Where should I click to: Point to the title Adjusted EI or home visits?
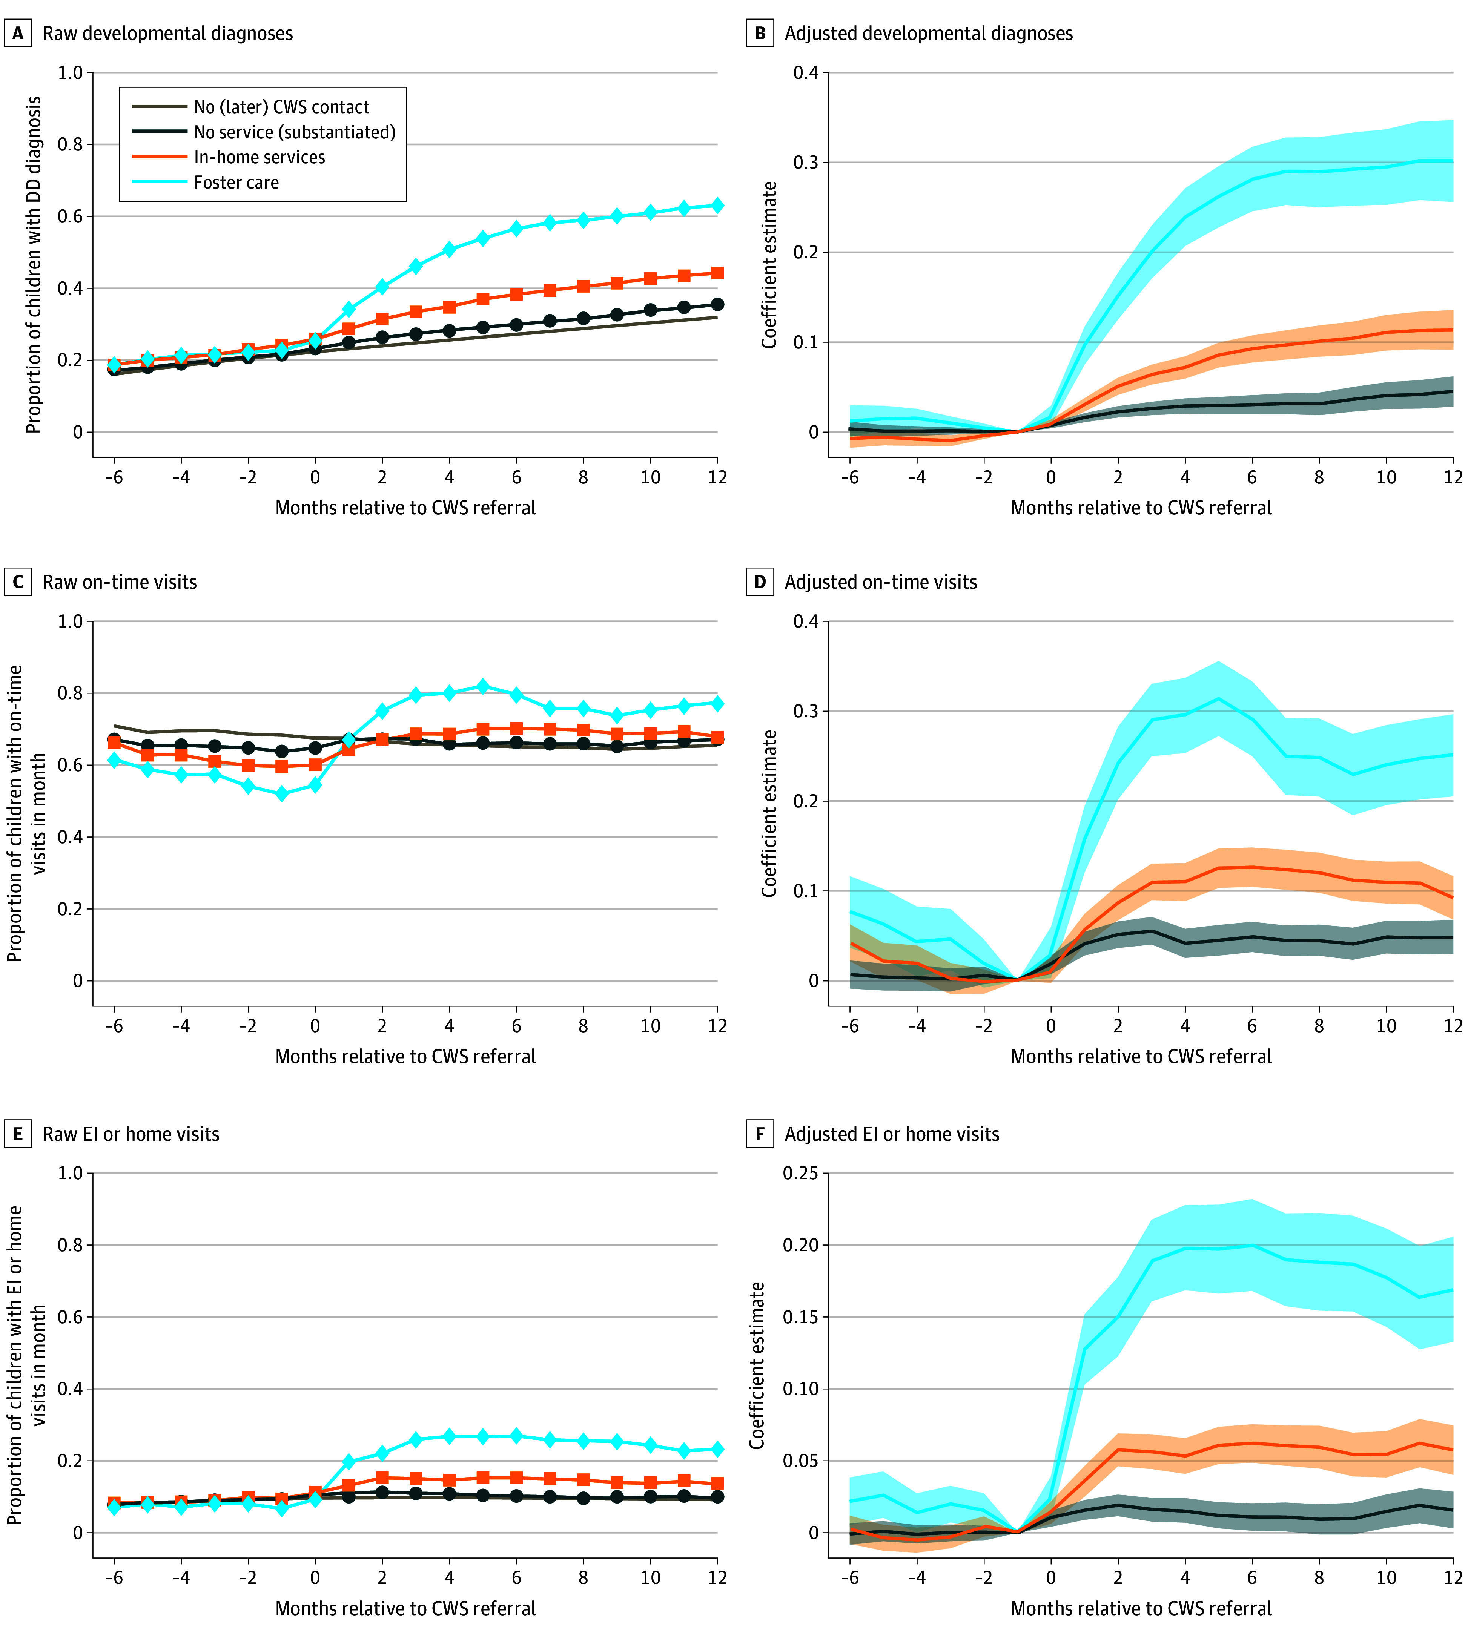[891, 1134]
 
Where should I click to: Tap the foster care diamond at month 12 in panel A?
[717, 206]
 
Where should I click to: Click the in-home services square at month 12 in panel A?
[717, 273]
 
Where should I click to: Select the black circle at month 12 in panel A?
[717, 304]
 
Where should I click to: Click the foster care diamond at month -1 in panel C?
[281, 793]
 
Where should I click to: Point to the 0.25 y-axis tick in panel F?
[801, 1173]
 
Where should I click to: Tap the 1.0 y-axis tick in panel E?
[70, 1173]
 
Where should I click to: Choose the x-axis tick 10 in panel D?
[1386, 1026]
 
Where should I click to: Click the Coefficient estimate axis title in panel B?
[769, 264]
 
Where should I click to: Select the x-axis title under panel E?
[406, 1608]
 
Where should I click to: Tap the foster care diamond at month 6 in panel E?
[516, 1436]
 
